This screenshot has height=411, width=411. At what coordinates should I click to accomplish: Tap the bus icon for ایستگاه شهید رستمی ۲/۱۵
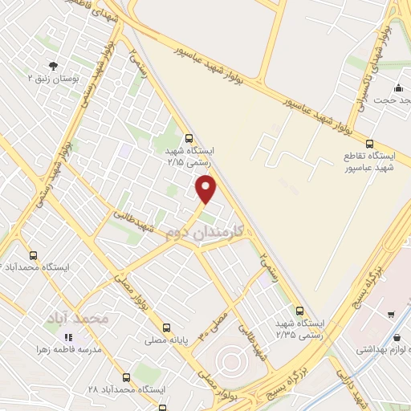coord(189,137)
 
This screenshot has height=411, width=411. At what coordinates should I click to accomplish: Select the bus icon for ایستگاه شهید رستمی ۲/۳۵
coord(299,311)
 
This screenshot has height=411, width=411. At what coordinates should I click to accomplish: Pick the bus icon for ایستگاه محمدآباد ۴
coord(32,254)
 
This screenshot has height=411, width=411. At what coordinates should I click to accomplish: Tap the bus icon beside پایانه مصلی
coord(166,328)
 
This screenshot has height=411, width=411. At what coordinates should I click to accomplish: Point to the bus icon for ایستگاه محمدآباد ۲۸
coord(125,376)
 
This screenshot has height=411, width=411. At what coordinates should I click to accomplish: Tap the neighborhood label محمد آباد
coord(77,319)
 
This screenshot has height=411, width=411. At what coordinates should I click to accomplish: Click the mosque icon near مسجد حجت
coord(399,88)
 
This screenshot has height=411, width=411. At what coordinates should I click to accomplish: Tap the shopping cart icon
coord(391,315)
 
